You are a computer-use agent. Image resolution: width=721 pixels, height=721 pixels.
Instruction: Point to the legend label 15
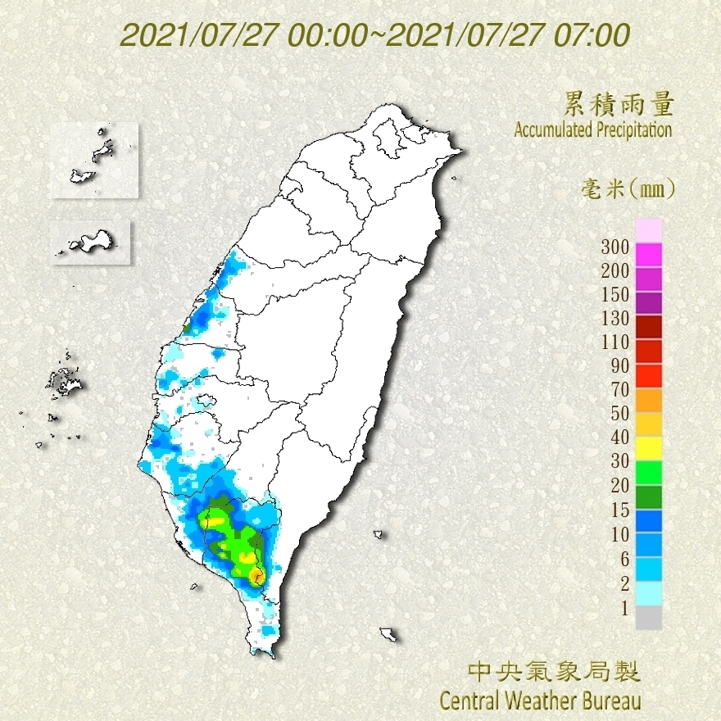point(619,510)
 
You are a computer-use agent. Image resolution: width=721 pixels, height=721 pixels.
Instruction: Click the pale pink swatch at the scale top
point(648,231)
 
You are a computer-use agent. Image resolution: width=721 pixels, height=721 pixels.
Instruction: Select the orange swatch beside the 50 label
point(648,401)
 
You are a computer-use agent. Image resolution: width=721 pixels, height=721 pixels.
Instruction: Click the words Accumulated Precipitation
point(593,129)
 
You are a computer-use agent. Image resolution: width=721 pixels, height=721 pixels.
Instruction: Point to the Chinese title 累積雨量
point(619,104)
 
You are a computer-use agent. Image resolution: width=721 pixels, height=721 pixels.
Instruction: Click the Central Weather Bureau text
point(540,701)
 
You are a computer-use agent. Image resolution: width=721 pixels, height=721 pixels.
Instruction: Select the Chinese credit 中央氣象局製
point(553,673)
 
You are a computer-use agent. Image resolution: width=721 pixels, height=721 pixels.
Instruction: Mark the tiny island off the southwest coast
point(195,586)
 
